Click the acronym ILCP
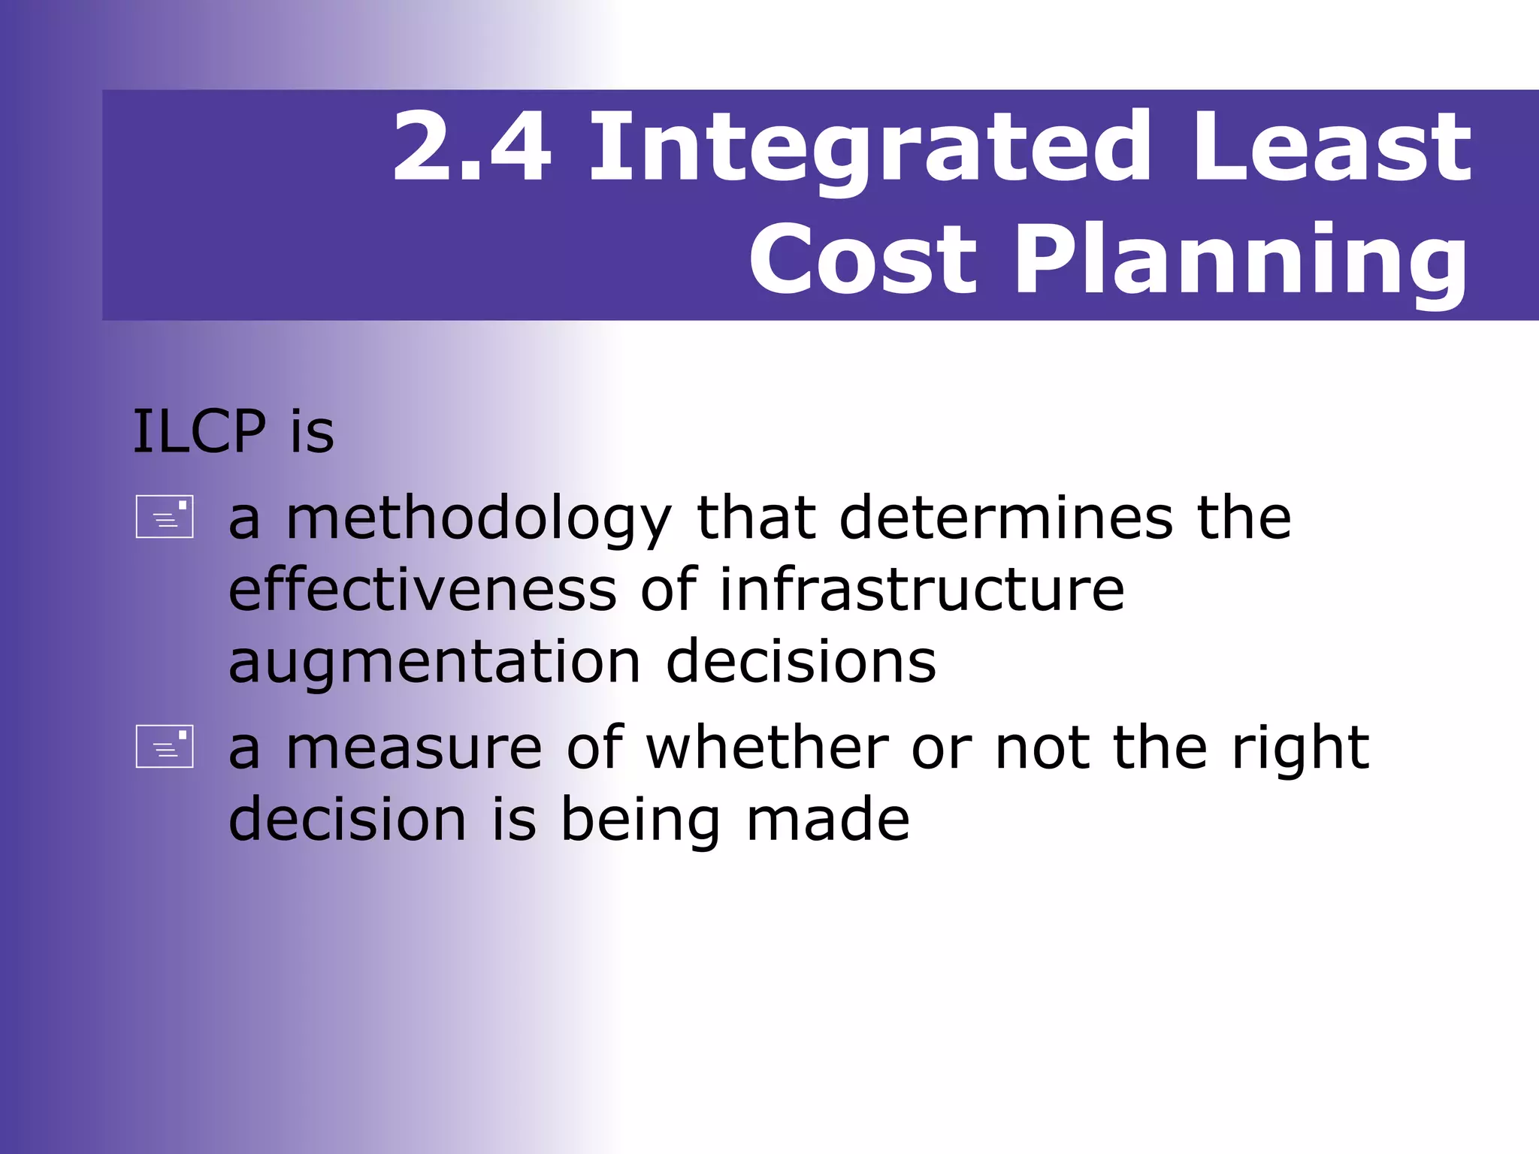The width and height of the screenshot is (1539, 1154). [199, 432]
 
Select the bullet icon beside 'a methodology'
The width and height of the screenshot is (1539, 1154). [165, 517]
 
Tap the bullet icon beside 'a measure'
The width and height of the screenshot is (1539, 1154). [165, 746]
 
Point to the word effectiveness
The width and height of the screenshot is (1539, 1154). [422, 590]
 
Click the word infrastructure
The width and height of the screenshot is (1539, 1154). [922, 590]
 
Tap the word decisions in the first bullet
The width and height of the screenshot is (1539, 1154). [801, 661]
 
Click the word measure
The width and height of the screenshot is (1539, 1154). [414, 748]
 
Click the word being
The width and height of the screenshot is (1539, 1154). [640, 820]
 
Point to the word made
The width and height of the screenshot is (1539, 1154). [828, 819]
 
